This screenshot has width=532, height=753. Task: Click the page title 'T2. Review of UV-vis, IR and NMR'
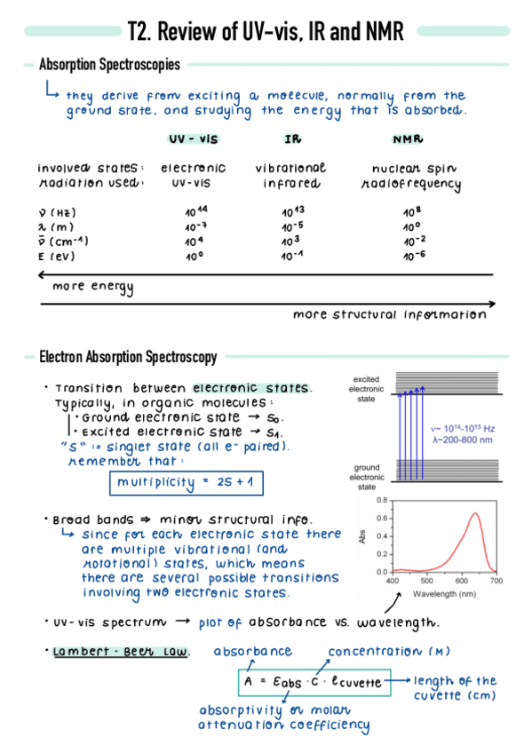coord(266,32)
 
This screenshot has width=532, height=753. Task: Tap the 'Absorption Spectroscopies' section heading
coord(109,65)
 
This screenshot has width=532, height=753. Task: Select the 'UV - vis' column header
coord(193,139)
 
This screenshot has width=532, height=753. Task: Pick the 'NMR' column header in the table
coord(407,139)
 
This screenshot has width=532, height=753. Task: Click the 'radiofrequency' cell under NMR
coord(411,185)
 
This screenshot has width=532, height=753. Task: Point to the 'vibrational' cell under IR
coord(290,167)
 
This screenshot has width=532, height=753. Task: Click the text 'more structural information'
coord(389,314)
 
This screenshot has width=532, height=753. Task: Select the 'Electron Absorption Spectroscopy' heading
coord(128,357)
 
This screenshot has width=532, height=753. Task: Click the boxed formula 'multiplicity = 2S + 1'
coord(187,482)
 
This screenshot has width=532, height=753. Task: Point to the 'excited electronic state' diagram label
coord(367,389)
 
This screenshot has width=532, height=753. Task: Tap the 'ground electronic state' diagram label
coord(367,477)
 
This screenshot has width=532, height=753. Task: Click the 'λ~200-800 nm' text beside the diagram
coord(462,440)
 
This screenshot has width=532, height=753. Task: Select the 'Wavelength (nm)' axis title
coord(443,591)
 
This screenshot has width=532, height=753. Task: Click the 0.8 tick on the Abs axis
coord(383,501)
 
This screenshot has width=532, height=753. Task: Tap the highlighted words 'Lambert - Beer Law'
coord(121,652)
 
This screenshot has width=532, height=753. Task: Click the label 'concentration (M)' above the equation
coord(390,652)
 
